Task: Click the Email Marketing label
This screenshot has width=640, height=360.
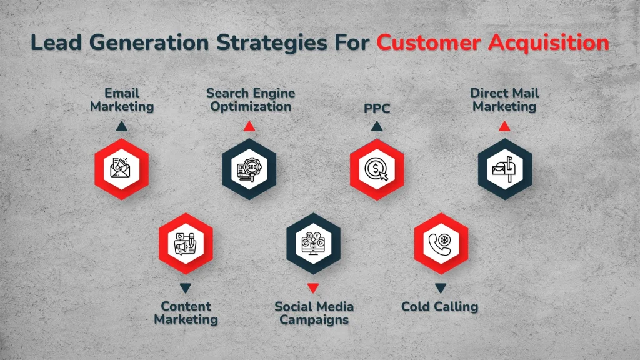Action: pos(122,99)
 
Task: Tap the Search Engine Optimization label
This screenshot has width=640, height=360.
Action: pos(251,99)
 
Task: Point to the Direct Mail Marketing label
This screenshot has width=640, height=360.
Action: pos(504,99)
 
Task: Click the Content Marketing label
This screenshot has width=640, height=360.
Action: pos(186,312)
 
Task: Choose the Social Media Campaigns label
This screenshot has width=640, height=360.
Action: pos(314,312)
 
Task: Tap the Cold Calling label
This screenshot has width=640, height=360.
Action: pos(439,306)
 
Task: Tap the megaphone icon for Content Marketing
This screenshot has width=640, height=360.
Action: pos(186,244)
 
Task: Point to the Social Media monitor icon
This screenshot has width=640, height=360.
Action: pos(313,244)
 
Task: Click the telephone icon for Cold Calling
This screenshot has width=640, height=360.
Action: pos(441,244)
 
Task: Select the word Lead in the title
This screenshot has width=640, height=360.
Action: pos(54,43)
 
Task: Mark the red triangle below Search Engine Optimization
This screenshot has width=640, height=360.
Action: pos(249,127)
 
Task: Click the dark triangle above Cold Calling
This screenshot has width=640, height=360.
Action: pos(441,288)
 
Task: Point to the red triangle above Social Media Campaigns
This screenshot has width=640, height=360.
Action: pos(313,288)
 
